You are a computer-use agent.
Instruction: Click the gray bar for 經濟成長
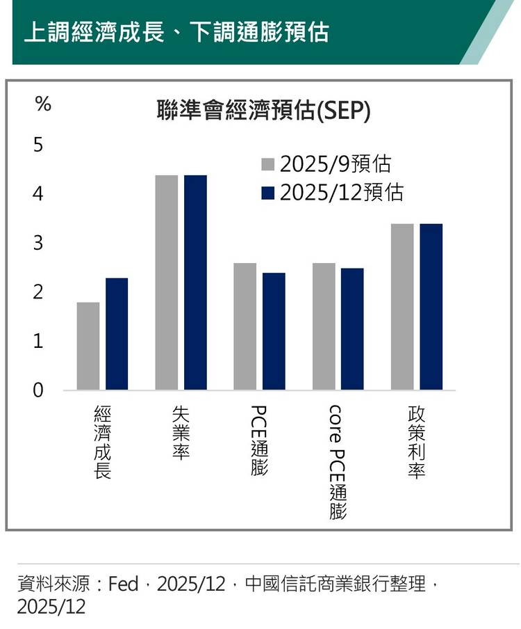click(88, 346)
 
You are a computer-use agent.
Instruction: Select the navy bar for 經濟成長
click(117, 334)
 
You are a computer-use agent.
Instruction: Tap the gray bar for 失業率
click(167, 282)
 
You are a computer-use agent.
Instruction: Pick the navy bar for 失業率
click(195, 282)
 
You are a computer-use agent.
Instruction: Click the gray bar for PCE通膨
click(245, 326)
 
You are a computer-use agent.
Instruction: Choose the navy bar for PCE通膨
click(274, 331)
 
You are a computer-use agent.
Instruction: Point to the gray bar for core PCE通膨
click(324, 326)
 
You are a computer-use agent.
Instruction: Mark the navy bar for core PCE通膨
click(352, 328)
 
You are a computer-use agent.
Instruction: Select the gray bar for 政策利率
click(402, 307)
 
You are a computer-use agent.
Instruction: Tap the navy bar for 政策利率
click(431, 307)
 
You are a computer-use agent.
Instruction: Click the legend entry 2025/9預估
click(326, 164)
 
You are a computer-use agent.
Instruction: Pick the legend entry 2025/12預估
click(332, 192)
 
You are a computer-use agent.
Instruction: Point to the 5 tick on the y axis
click(38, 146)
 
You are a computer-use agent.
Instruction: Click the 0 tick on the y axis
click(38, 391)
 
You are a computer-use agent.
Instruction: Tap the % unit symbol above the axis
click(43, 105)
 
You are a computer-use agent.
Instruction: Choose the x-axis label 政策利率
click(417, 443)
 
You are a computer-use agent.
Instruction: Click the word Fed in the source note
click(124, 584)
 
